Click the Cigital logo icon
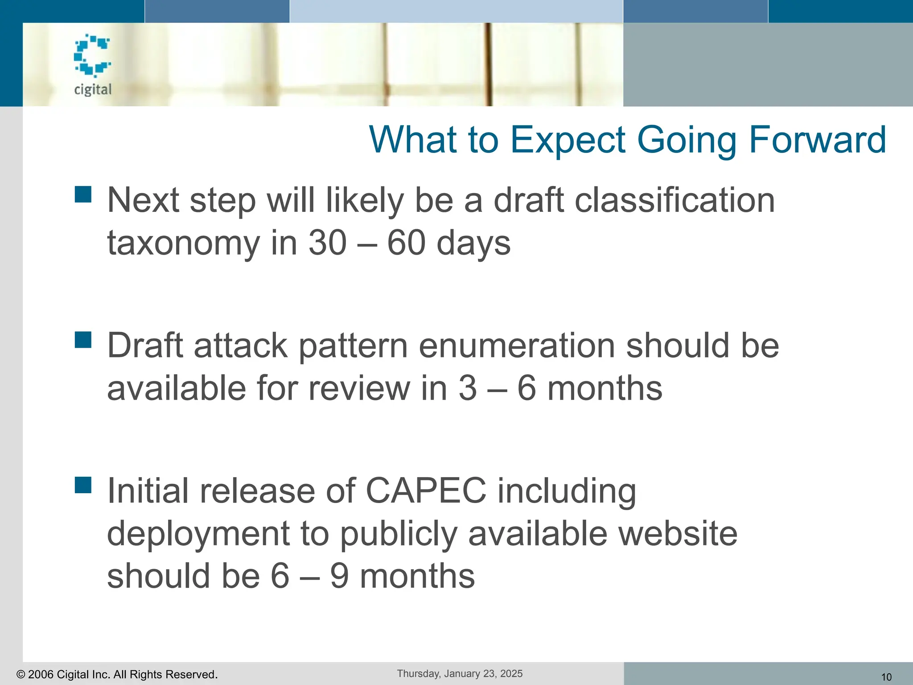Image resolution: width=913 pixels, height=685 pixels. pos(92,55)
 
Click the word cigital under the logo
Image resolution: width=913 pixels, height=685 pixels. pos(93,90)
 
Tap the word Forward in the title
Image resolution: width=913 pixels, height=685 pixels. pos(817,140)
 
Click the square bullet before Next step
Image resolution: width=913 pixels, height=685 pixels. pos(83,194)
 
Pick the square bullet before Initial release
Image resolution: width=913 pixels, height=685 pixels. pos(83,485)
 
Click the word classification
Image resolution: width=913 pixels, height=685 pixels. pos(674,200)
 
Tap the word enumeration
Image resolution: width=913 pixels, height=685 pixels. pos(517,346)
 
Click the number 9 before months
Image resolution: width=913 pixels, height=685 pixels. pos(339,576)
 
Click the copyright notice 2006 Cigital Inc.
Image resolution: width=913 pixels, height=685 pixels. pos(117,674)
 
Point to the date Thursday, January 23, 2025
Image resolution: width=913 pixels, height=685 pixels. pos(460,673)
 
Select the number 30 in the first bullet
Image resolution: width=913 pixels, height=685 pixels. pos(327,243)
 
